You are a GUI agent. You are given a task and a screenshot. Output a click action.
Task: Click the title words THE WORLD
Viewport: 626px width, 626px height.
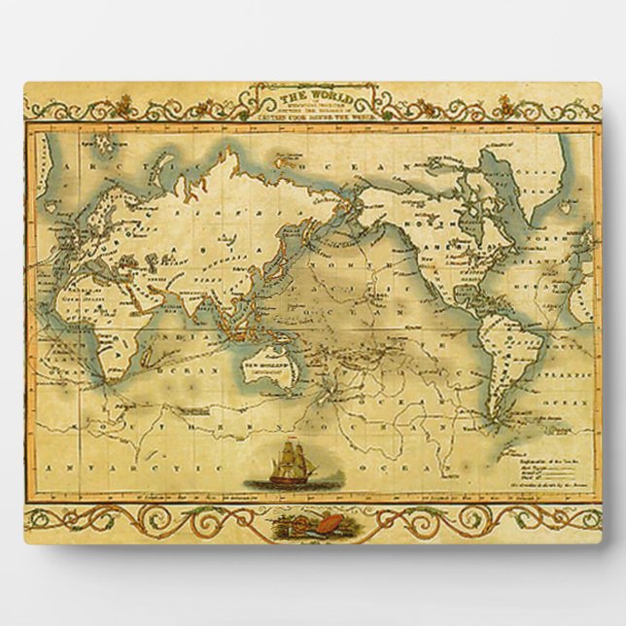click(306, 96)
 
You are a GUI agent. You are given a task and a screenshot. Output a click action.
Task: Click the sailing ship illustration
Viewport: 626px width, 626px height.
click(284, 466)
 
